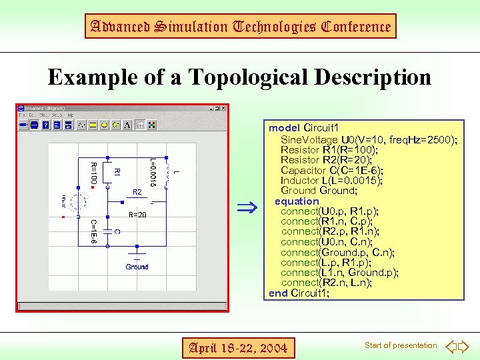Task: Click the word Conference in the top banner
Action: coord(355,27)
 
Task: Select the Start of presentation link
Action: coord(401,345)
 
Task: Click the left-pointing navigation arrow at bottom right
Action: coord(450,347)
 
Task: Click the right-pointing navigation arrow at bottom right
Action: coord(465,347)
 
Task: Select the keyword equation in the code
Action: coord(297,201)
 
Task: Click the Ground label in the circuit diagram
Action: coord(137,267)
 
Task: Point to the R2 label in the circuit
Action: coord(137,192)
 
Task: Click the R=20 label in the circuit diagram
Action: coord(137,215)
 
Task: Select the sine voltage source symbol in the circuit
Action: coord(78,202)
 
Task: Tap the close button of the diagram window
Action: coord(223,107)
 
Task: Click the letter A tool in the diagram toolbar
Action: coord(128,124)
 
